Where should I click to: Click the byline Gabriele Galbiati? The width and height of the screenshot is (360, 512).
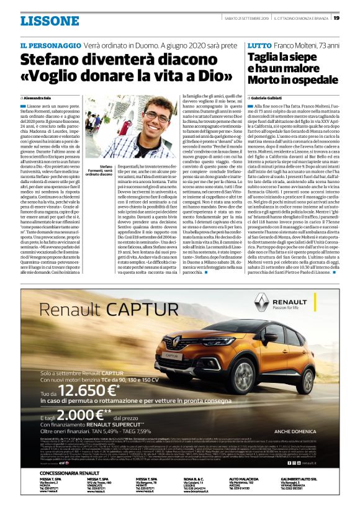[267, 99]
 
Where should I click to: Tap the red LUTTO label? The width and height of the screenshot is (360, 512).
[259, 46]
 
